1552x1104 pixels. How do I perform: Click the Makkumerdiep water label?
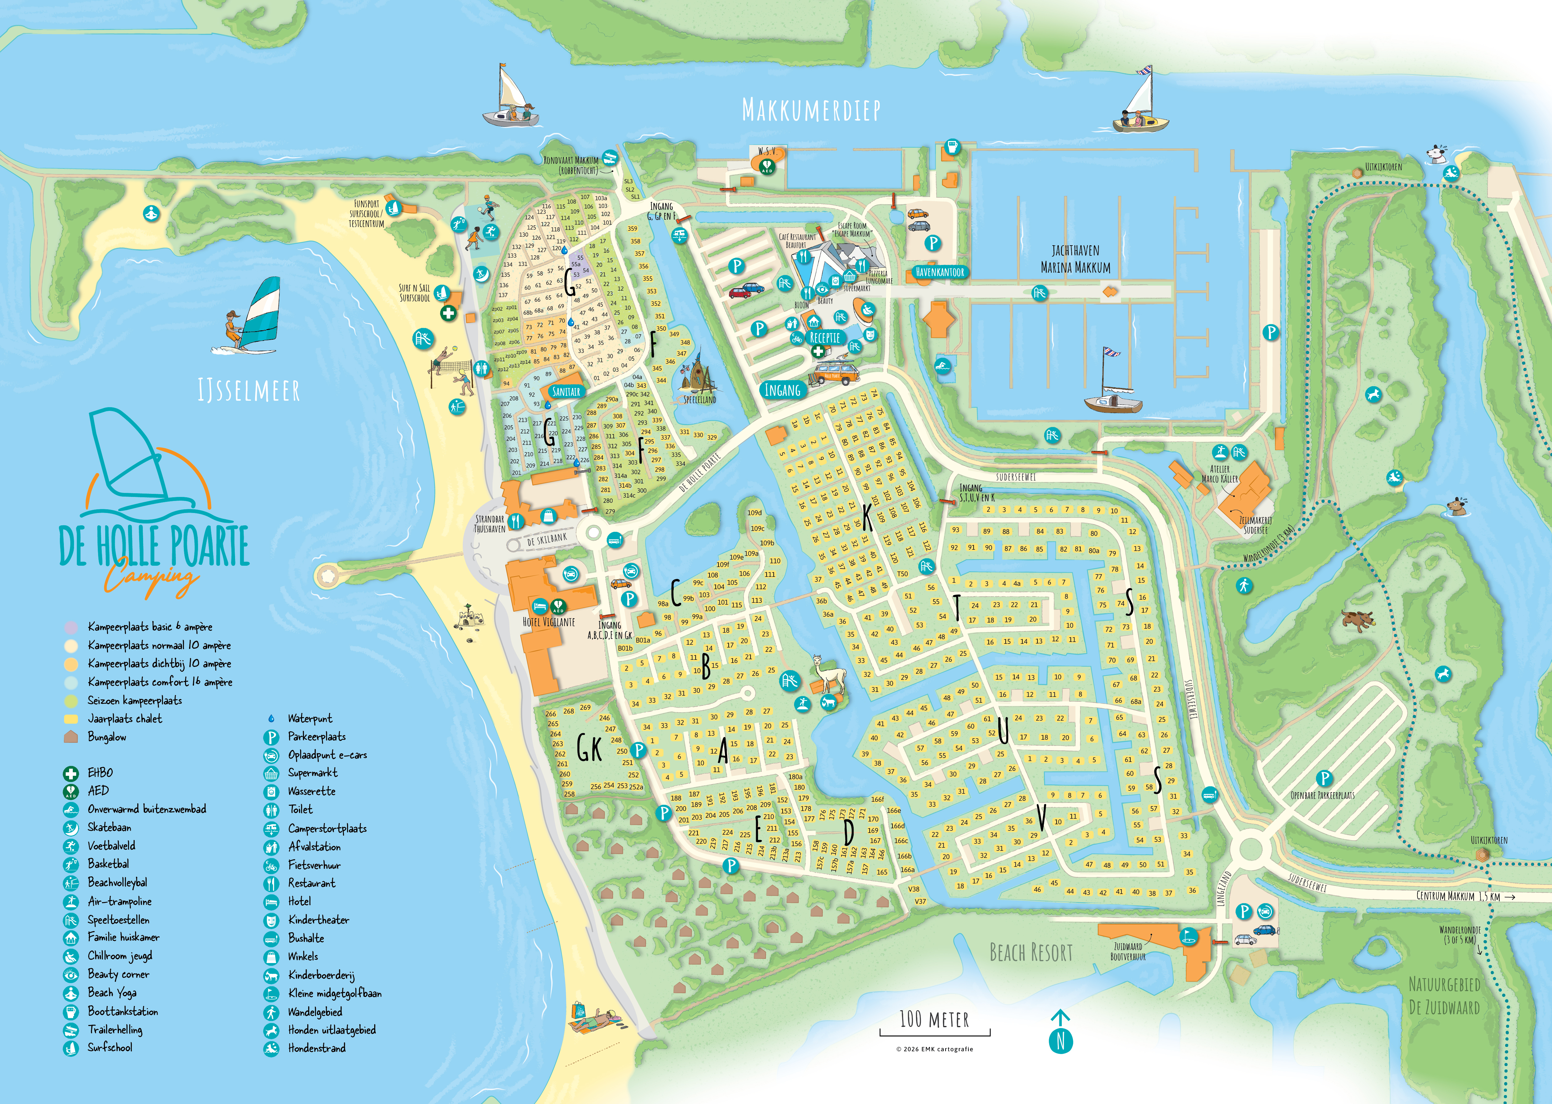pyautogui.click(x=811, y=110)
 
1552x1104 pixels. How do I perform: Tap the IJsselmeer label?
pyautogui.click(x=248, y=391)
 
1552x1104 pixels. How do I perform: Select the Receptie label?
pyautogui.click(x=825, y=338)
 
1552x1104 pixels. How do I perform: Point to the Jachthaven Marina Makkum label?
pyautogui.click(x=1075, y=259)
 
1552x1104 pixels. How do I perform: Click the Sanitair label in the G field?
pyautogui.click(x=566, y=391)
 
